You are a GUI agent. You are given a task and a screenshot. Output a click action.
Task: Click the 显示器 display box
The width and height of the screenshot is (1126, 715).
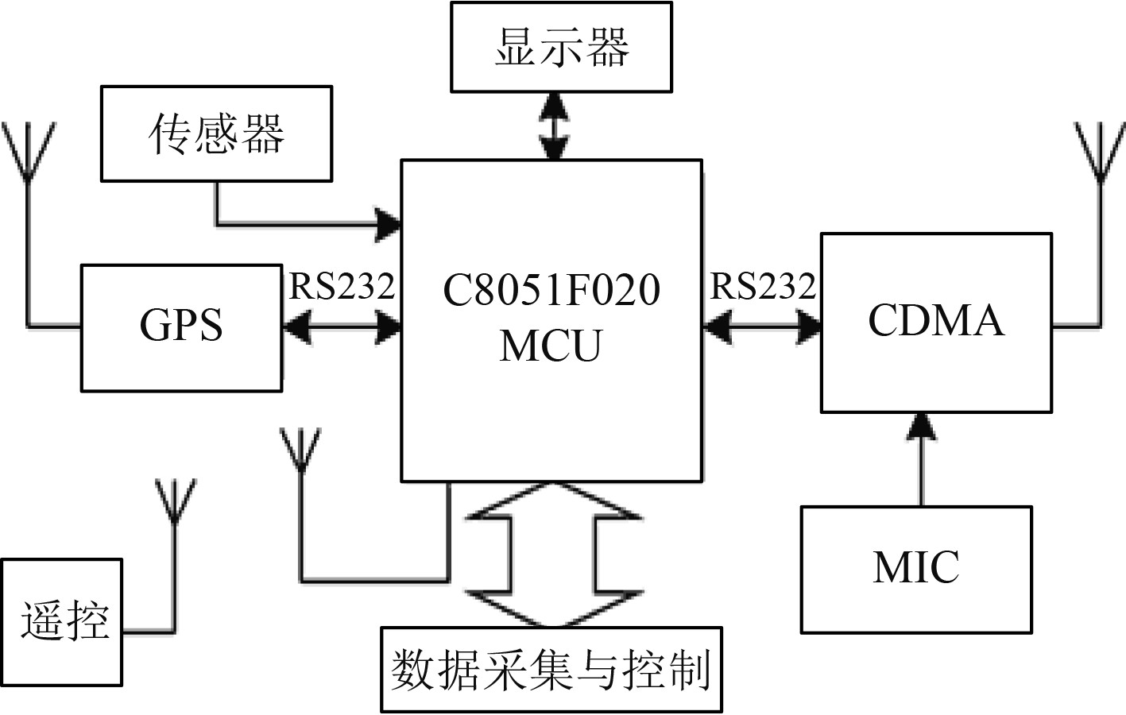[x=561, y=47]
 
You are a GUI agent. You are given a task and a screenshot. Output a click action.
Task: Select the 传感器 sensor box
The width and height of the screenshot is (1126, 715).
[x=216, y=133]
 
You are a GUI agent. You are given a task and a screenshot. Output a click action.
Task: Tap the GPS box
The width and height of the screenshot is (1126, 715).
[x=181, y=327]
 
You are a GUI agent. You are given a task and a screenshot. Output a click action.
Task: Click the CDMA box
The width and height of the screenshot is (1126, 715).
[x=936, y=322]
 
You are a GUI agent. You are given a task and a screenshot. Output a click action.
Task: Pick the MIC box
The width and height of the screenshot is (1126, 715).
[x=916, y=569]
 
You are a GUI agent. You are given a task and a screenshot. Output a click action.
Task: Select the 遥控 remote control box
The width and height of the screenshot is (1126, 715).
[x=62, y=622]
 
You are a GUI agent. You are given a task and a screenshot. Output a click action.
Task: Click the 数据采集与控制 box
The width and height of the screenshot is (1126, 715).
[x=551, y=670]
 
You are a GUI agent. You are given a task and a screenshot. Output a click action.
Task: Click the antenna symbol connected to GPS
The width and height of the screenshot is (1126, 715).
[x=29, y=151]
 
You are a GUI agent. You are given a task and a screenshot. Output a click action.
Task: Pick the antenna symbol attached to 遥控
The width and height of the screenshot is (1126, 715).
[x=174, y=500]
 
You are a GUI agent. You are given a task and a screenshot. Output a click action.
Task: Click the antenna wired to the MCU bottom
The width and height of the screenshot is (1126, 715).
[x=300, y=450]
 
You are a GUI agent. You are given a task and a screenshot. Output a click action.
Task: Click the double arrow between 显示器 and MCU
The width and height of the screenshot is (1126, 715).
[x=553, y=126]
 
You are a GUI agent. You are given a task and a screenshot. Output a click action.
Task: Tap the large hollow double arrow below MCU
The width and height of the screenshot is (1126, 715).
[x=554, y=555]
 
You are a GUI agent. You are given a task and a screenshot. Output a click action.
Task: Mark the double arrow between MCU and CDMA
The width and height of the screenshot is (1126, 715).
[x=761, y=327]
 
